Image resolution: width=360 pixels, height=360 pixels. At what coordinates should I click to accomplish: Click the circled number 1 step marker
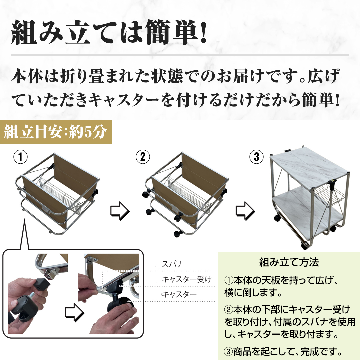click(20, 157)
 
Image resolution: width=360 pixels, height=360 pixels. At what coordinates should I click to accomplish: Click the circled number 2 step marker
click(143, 157)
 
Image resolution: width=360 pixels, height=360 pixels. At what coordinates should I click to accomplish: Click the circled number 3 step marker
click(256, 157)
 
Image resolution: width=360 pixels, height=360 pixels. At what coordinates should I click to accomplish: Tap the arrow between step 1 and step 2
click(120, 211)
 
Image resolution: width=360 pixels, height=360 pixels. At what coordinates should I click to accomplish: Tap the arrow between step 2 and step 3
click(245, 211)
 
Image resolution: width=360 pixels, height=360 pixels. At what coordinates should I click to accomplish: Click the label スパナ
click(173, 264)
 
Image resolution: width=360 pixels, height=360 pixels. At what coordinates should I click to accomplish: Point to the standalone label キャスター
click(179, 294)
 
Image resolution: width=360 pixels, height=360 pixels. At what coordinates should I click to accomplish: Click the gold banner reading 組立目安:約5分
click(56, 132)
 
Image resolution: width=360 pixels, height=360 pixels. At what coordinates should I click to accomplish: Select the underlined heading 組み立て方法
click(289, 262)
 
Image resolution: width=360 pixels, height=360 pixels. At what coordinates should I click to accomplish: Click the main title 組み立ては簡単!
click(109, 32)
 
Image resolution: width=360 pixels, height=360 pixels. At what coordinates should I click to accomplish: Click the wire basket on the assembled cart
click(329, 196)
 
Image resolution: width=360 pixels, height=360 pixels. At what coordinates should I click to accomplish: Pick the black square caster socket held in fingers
click(42, 285)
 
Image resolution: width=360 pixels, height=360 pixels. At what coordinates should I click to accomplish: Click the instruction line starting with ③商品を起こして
click(283, 352)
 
